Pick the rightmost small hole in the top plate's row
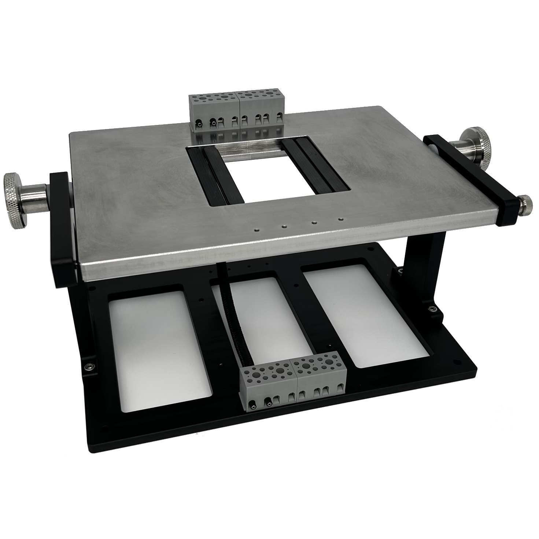coord(340,219)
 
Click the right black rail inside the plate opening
coord(314,164)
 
